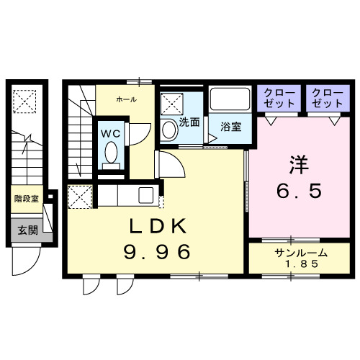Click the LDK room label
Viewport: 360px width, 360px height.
point(158,228)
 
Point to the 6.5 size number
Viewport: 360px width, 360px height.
point(297,192)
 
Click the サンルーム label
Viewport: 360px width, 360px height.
point(300,253)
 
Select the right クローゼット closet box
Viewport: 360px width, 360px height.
point(327,98)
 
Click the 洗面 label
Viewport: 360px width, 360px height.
point(189,122)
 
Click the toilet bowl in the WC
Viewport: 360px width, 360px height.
point(111,153)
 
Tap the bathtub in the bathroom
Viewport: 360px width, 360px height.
point(230,101)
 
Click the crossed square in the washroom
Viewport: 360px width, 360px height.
point(171,104)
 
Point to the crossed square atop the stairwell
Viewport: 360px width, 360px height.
point(27,100)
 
